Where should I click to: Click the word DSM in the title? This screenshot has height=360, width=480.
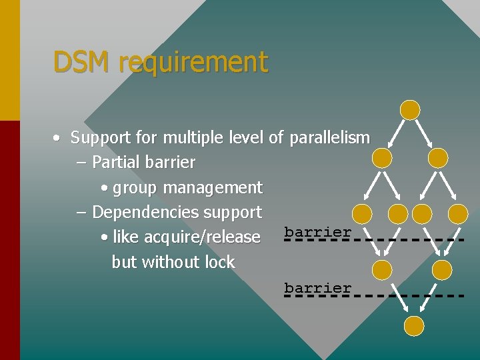click(83, 63)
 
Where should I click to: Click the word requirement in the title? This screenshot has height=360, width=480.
click(193, 63)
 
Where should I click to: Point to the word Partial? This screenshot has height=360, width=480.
click(116, 162)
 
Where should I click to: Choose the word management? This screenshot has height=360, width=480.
click(213, 188)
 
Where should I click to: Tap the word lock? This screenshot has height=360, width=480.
click(219, 262)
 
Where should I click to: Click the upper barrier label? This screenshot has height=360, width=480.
click(317, 232)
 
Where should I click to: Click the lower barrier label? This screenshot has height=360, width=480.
click(317, 288)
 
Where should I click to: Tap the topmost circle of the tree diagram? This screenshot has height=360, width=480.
click(409, 110)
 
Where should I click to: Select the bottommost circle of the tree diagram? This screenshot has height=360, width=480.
click(414, 326)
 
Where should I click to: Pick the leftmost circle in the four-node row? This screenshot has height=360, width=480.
click(362, 213)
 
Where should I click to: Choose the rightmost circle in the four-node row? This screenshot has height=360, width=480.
click(458, 213)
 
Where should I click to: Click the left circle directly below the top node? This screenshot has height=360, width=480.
click(382, 158)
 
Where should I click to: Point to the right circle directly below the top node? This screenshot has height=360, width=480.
click(438, 158)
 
